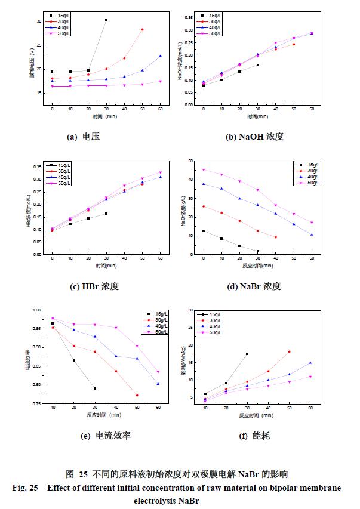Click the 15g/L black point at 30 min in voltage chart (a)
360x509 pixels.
pos(106,20)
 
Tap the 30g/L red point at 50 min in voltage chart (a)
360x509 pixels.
pos(142,29)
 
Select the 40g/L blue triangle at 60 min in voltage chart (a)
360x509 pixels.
pos(160,56)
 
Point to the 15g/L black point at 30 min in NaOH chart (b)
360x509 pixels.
pos(258,65)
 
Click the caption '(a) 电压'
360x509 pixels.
pos(83,137)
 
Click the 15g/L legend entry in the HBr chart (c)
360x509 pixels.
pos(59,165)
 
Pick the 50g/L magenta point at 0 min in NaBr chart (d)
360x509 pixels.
pos(204,169)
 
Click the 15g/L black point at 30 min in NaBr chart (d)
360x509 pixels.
pos(258,251)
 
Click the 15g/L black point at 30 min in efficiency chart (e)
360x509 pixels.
pos(95,388)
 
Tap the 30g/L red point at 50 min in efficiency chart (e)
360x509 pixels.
pos(137,395)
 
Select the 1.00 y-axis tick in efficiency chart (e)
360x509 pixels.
pos(36,310)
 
